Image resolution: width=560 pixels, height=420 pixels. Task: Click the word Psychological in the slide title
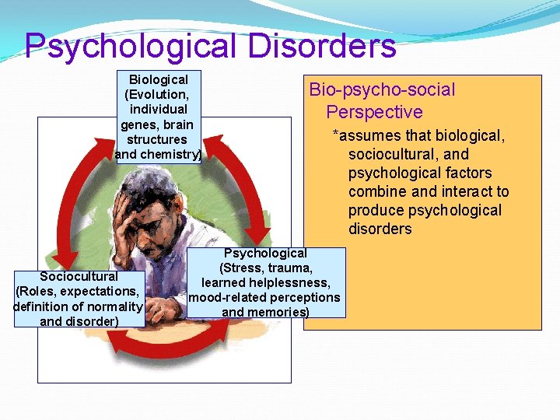click(131, 46)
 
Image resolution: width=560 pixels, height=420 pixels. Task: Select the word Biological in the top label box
click(159, 79)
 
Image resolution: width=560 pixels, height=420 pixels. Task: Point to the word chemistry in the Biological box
click(172, 154)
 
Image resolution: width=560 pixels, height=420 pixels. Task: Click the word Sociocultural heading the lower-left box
click(79, 276)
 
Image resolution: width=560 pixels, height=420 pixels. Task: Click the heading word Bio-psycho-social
click(382, 89)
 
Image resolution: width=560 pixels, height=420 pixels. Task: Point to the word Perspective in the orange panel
click(374, 111)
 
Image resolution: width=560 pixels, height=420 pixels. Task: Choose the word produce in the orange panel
click(376, 210)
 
